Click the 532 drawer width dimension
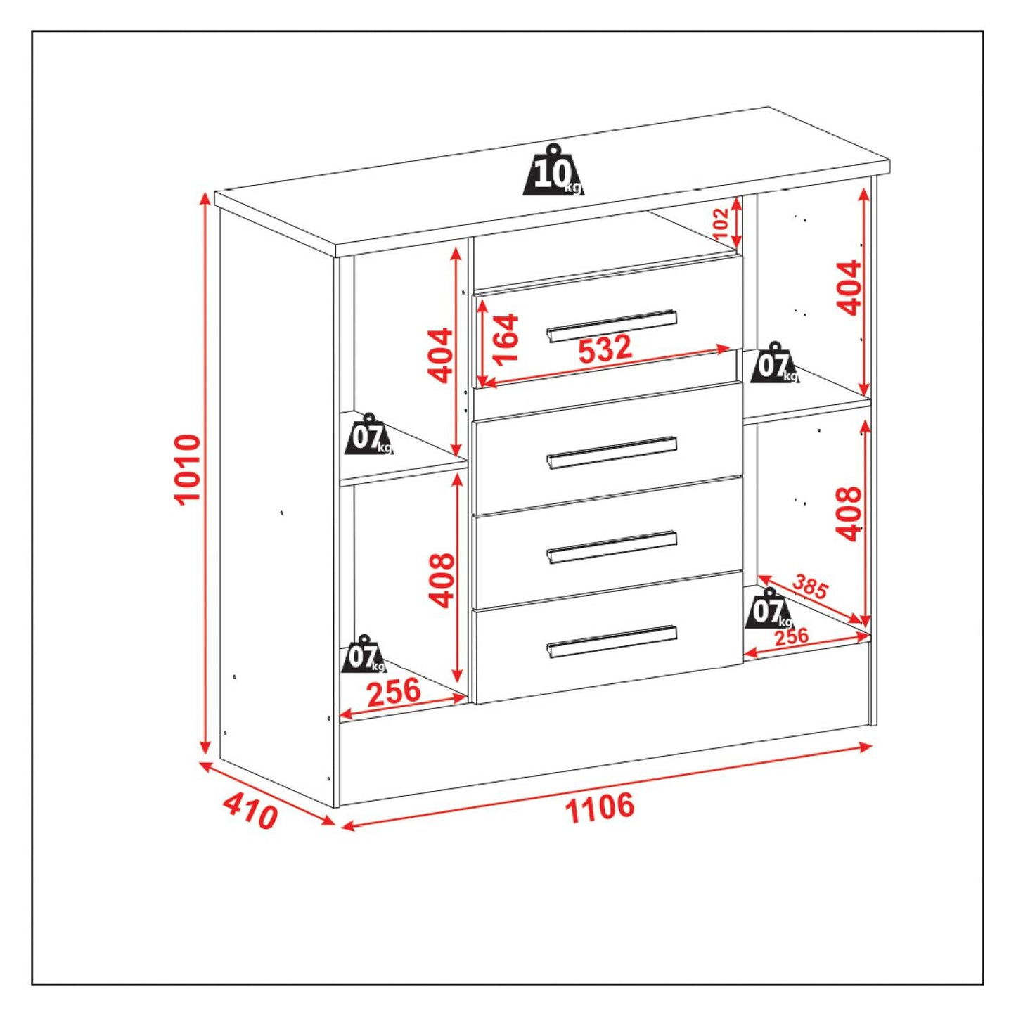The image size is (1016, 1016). [x=605, y=349]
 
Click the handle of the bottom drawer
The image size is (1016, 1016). [x=612, y=642]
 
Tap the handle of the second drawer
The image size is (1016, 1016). [x=612, y=452]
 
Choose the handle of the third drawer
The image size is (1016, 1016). [x=612, y=547]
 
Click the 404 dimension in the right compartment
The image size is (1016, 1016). [x=849, y=288]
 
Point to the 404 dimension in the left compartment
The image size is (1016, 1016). [x=440, y=355]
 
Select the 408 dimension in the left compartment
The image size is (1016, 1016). [x=441, y=580]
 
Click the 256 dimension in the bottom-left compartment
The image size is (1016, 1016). [x=394, y=693]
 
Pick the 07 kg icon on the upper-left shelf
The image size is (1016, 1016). [x=368, y=434]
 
